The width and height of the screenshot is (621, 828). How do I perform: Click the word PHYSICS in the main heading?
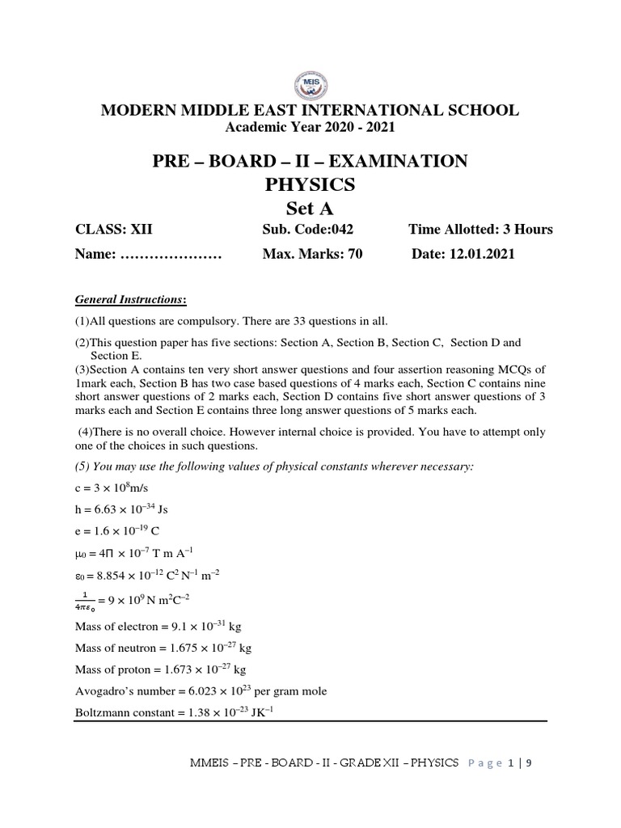pyautogui.click(x=310, y=184)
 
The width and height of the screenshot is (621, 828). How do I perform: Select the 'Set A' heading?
pyautogui.click(x=310, y=209)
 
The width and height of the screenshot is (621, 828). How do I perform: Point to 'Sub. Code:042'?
pyautogui.click(x=308, y=229)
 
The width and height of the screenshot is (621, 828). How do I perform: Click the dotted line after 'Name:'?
pyautogui.click(x=171, y=255)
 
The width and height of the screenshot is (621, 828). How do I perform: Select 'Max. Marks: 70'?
pyautogui.click(x=312, y=254)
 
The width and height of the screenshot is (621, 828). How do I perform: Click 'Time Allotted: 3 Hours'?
pyautogui.click(x=480, y=229)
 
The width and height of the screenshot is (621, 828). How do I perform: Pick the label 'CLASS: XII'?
pyautogui.click(x=109, y=229)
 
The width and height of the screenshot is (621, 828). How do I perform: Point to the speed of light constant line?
pyautogui.click(x=110, y=488)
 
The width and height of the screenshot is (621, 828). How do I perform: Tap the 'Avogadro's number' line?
pyautogui.click(x=201, y=691)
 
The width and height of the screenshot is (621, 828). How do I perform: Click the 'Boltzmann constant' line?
pyautogui.click(x=175, y=713)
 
